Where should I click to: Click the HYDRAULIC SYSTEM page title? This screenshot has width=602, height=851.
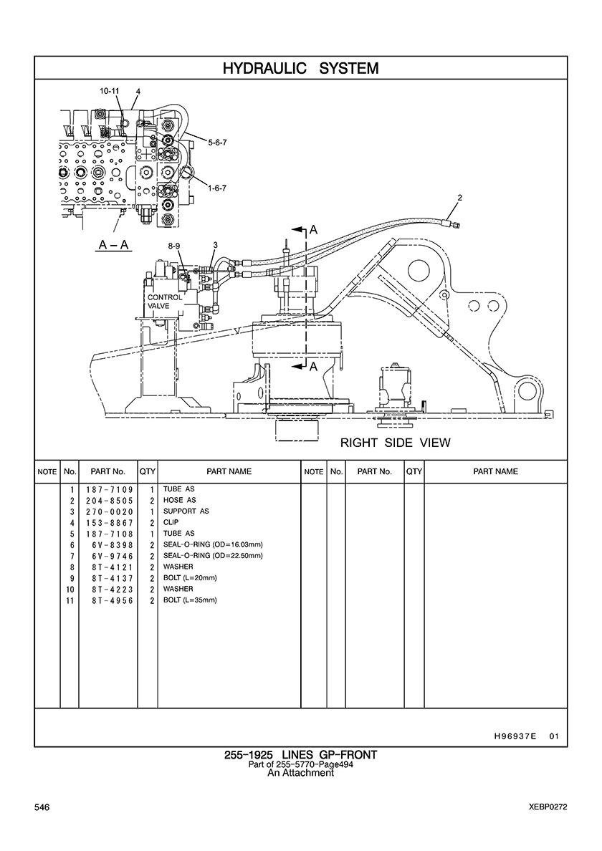300,68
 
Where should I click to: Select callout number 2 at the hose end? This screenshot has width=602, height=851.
460,198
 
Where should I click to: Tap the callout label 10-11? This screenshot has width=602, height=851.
109,91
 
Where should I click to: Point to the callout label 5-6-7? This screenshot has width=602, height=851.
217,143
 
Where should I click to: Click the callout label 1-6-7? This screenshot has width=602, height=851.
217,188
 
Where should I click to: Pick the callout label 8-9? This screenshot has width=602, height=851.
174,246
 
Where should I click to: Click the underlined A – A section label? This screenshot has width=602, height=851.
113,245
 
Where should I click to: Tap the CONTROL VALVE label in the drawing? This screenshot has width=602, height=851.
165,302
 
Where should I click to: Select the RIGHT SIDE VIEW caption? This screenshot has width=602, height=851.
395,443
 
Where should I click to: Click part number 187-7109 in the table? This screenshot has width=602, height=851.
110,489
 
